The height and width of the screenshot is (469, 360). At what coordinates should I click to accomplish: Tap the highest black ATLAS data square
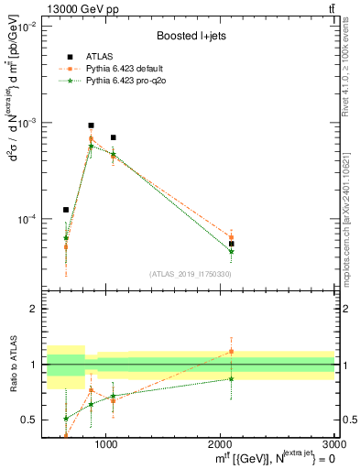[x=91, y=125]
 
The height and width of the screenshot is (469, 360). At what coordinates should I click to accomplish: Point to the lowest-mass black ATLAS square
[x=66, y=210]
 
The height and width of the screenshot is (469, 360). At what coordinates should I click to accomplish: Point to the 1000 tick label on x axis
[x=106, y=443]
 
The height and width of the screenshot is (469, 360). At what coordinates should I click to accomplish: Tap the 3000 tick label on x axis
[x=335, y=443]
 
